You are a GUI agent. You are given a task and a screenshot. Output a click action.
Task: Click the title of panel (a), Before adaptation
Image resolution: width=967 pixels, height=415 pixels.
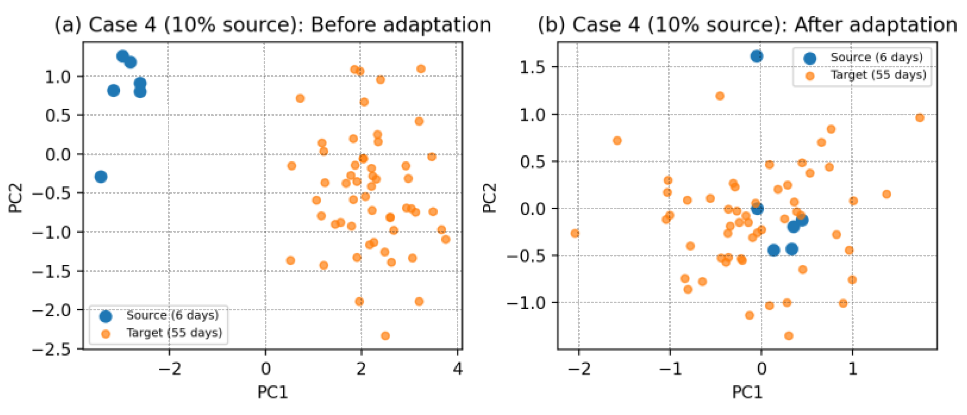tap(273, 25)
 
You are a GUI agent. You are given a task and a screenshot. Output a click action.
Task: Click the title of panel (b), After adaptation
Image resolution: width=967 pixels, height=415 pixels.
tap(747, 25)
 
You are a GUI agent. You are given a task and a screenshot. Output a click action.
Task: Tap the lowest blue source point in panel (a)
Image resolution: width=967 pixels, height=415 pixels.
tap(101, 176)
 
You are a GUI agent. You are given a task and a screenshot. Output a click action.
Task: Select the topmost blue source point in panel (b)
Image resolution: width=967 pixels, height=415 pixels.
tap(757, 56)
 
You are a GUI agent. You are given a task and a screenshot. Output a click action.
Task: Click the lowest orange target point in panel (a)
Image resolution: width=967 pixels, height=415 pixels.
tap(385, 336)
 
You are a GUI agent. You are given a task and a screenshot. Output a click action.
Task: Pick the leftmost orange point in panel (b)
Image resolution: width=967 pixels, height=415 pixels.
tap(575, 233)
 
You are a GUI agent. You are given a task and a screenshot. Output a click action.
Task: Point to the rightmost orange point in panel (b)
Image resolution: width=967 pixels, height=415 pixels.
tap(920, 117)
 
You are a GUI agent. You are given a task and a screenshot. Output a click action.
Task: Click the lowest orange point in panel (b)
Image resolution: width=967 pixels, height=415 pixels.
tap(789, 336)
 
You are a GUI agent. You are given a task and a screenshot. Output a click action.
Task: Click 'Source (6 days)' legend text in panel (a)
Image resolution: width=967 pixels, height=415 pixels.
tap(172, 316)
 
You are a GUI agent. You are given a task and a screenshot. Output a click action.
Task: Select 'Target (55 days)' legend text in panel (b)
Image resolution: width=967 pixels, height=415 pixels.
tap(879, 75)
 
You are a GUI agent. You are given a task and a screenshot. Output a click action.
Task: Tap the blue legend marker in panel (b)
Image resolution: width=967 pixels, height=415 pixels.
tap(810, 58)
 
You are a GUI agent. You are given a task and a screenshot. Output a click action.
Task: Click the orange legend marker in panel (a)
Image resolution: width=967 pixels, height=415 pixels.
tap(105, 334)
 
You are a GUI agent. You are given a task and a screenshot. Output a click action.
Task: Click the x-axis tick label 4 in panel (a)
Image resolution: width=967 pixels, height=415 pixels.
tap(458, 369)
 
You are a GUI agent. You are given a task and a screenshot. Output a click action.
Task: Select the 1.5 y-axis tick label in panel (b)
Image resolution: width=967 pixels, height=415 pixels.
tap(533, 67)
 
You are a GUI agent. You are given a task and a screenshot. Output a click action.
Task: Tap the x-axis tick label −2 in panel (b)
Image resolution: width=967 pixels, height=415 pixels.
tap(579, 369)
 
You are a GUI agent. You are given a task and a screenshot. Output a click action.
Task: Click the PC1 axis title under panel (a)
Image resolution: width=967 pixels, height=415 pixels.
tap(272, 392)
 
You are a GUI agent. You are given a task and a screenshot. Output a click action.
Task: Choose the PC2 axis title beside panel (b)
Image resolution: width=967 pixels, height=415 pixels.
tap(490, 198)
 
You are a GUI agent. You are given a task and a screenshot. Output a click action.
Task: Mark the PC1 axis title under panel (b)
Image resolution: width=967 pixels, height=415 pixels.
tap(747, 392)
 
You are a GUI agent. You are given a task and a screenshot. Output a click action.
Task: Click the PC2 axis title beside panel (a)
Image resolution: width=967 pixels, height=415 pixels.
tap(15, 198)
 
